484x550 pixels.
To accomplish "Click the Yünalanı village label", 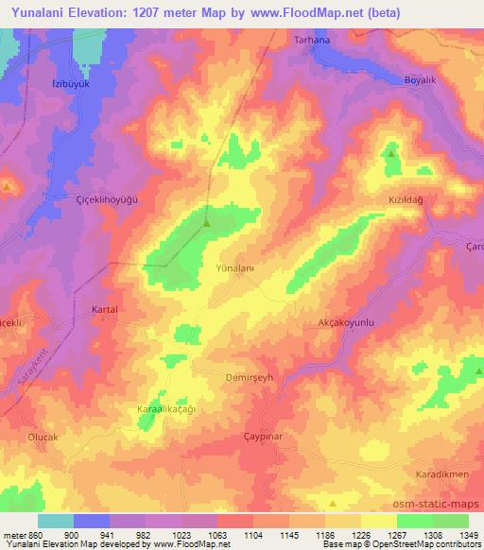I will coord(236,267).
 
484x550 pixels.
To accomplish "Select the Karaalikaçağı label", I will coord(166,409).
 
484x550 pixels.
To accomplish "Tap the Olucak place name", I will coord(43,437).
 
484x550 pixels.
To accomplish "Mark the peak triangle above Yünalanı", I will coord(206,224).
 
